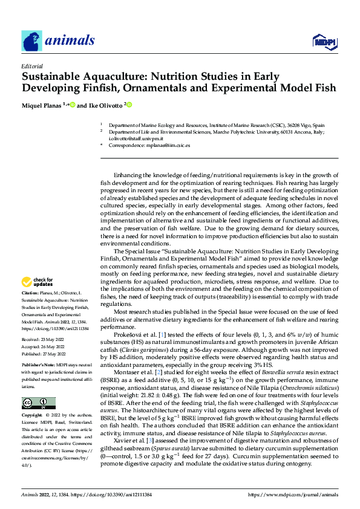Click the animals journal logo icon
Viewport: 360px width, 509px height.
(31, 41)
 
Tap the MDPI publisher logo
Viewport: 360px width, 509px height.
(324, 41)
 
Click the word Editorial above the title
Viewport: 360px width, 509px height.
(31, 66)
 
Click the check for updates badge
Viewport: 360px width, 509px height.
(38, 282)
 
